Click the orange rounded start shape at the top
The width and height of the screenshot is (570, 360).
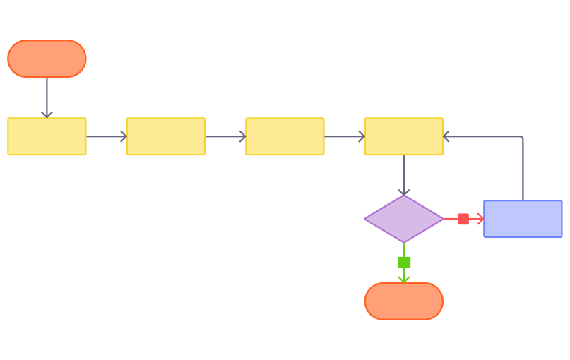[x=47, y=59]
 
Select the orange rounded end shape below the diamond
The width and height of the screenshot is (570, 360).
[x=403, y=301]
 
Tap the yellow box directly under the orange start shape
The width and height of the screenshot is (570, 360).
[x=47, y=136]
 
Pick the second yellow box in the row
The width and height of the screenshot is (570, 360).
[x=166, y=136]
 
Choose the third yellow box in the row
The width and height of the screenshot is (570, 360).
[x=285, y=136]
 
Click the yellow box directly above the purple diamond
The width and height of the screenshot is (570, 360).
[x=403, y=136]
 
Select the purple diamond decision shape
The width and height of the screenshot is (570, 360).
[x=403, y=219]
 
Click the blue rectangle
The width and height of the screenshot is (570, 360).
[x=523, y=219]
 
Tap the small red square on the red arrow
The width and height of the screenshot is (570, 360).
[x=463, y=219]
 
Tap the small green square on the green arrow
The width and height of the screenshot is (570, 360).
[x=404, y=262]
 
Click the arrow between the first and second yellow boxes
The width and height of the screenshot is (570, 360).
[x=106, y=136]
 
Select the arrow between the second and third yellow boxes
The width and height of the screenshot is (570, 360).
[x=225, y=136]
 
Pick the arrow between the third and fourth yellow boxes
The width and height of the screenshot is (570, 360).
[x=344, y=136]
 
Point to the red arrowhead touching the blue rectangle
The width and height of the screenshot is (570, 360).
[x=480, y=219]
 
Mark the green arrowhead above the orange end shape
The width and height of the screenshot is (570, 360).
[x=403, y=278]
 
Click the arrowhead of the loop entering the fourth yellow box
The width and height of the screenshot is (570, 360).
[x=447, y=136]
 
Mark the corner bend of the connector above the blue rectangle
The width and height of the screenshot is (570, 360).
[x=523, y=136]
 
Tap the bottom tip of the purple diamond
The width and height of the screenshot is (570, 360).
[x=403, y=242]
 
